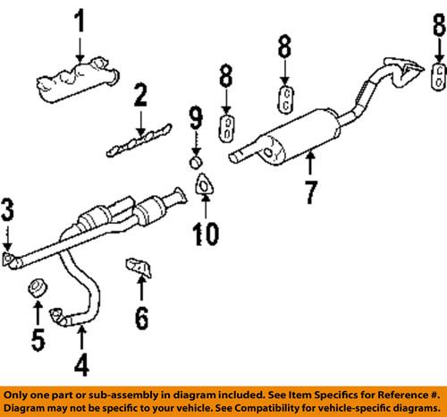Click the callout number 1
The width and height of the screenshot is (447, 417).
pyautogui.click(x=81, y=18)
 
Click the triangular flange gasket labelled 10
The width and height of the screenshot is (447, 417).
pyautogui.click(x=206, y=185)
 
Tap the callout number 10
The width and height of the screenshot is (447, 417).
pyautogui.click(x=207, y=236)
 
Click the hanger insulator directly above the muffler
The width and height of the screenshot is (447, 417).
pyautogui.click(x=283, y=100)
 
